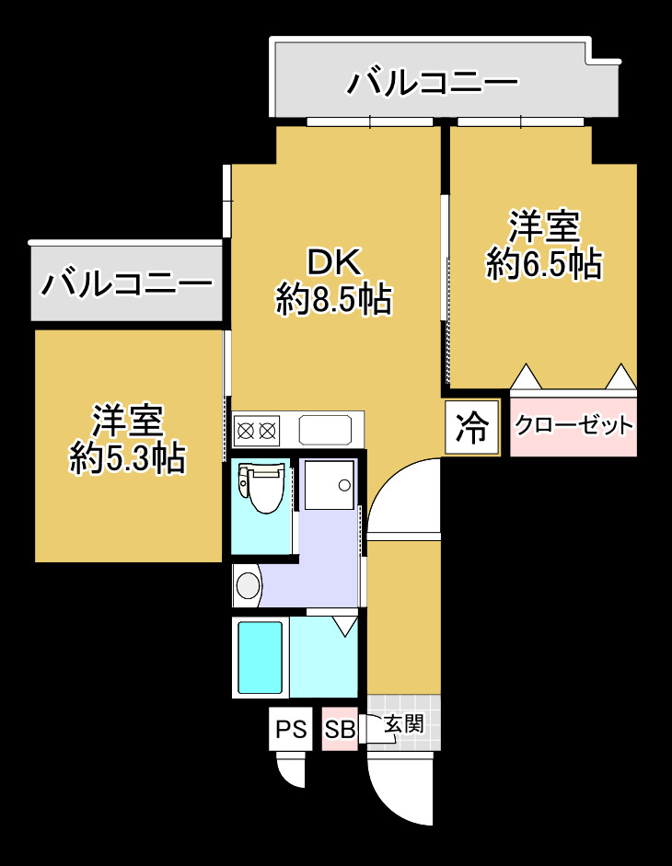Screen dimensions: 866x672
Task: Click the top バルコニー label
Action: pyautogui.click(x=432, y=85)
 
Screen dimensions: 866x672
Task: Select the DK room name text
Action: pyautogui.click(x=334, y=263)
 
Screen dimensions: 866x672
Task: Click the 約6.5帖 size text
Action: pyautogui.click(x=544, y=264)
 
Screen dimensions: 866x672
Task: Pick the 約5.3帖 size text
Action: pyautogui.click(x=128, y=457)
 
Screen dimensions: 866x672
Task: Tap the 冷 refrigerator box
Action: pyautogui.click(x=472, y=428)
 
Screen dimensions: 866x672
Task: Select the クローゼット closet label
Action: pyautogui.click(x=574, y=425)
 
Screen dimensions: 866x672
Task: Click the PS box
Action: pyautogui.click(x=291, y=730)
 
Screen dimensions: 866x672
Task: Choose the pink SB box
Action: pyautogui.click(x=340, y=730)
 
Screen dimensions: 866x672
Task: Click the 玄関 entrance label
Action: pyautogui.click(x=403, y=724)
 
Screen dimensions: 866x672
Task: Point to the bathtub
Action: pyautogui.click(x=260, y=657)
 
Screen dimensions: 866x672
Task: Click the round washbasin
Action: pyautogui.click(x=248, y=585)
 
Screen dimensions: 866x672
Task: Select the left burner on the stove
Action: pyautogui.click(x=246, y=429)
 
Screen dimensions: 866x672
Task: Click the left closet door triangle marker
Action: pyautogui.click(x=525, y=376)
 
